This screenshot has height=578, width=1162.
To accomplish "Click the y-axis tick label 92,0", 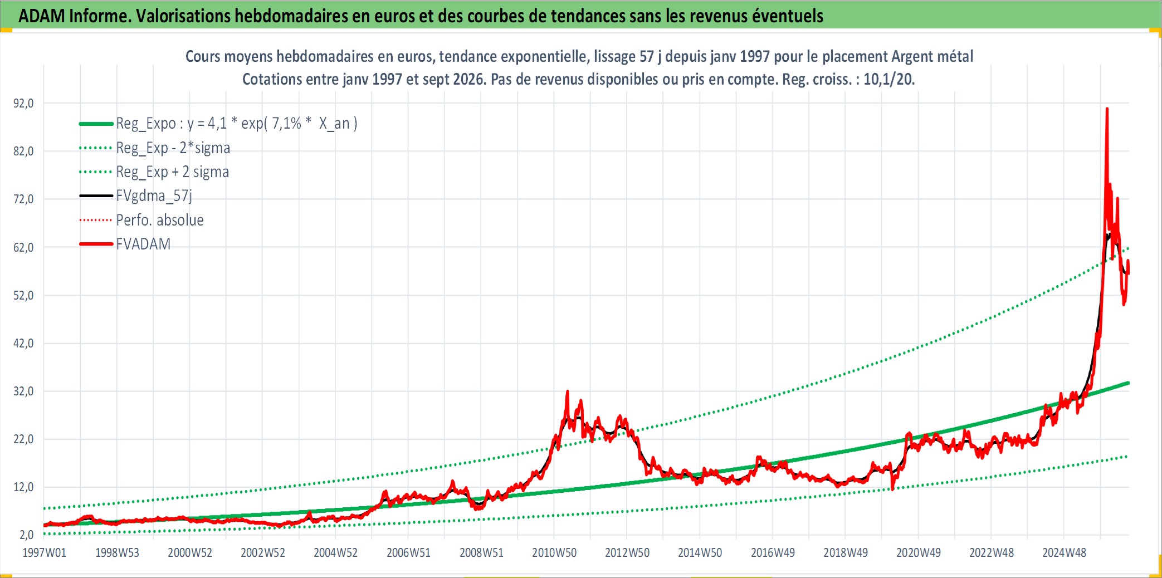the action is [x=23, y=103].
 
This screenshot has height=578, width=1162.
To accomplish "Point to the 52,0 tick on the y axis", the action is [x=23, y=295].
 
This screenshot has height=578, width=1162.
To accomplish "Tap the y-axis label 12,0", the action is [x=23, y=487].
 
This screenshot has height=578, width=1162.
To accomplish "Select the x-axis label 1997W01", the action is [x=44, y=552].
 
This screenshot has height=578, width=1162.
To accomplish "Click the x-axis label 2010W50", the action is [x=554, y=552].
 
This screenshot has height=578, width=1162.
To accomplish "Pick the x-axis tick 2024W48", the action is [x=1064, y=552].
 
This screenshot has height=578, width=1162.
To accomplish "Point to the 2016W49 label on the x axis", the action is [x=773, y=552].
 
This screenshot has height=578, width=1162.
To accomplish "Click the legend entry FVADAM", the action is [x=143, y=244].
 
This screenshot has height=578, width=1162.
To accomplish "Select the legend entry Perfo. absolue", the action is [x=160, y=220].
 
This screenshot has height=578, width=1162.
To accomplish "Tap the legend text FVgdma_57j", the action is [x=154, y=196].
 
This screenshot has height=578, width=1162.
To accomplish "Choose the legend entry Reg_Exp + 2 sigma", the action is [x=172, y=172].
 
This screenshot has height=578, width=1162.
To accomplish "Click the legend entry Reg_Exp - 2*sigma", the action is [x=173, y=148].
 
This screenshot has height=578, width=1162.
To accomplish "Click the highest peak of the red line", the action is [x=1107, y=109].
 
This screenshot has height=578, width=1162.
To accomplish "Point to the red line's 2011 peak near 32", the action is [x=568, y=391].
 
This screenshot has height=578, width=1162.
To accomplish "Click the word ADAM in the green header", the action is [x=42, y=16].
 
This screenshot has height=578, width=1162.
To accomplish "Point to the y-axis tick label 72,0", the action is [x=23, y=199].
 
